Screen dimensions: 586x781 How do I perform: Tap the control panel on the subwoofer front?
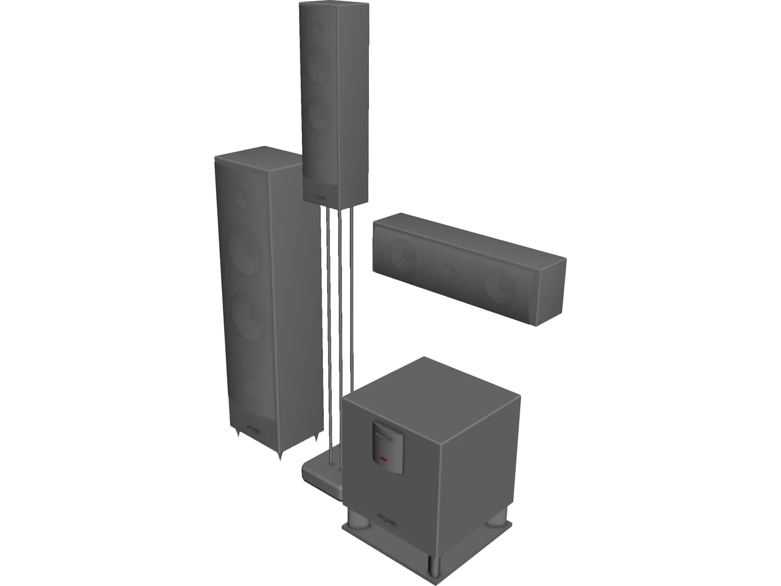pyautogui.click(x=388, y=447)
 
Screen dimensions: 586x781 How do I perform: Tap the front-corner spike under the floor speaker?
pyautogui.click(x=280, y=456)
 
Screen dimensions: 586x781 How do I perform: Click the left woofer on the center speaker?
pyautogui.click(x=403, y=255)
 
